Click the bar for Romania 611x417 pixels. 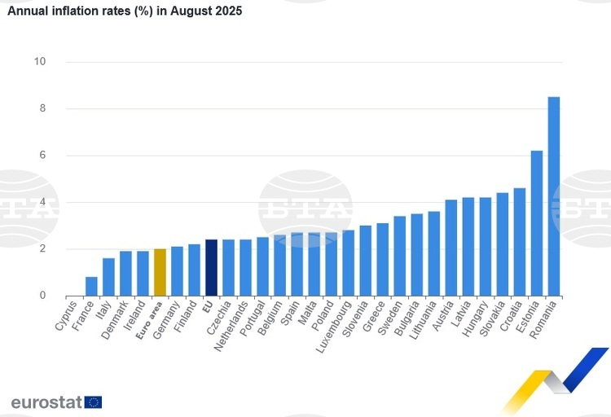tap(553, 196)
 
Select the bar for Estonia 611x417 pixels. tap(536, 223)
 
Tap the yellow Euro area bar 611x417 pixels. tap(160, 272)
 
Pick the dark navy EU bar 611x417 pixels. tap(211, 267)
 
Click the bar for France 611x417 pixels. tap(91, 286)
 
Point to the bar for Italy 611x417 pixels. tap(108, 277)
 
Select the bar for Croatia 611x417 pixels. tap(519, 242)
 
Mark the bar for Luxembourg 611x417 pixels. tap(348, 263)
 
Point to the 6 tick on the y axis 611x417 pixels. tap(42, 156)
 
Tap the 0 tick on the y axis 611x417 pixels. tap(42, 296)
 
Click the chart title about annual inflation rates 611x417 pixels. tap(125, 12)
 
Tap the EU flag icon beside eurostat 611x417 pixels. tap(93, 402)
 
